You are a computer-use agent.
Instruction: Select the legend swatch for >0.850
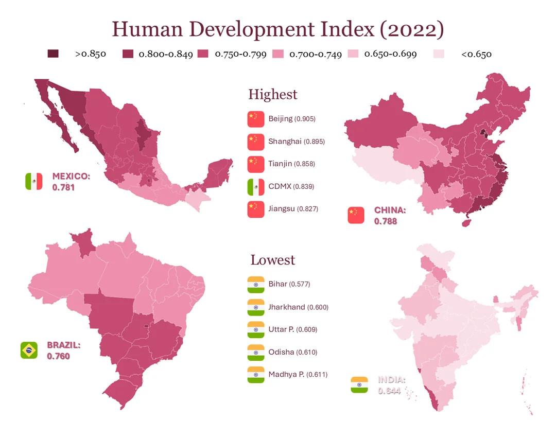(x=53, y=54)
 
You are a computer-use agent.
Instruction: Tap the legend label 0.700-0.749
(x=315, y=54)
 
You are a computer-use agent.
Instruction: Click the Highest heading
(x=273, y=95)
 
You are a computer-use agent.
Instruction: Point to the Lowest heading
(x=273, y=260)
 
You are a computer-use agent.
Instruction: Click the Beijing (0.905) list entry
(x=291, y=119)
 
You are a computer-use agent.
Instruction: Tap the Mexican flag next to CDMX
(x=255, y=186)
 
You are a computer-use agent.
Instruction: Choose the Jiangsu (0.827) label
(x=293, y=209)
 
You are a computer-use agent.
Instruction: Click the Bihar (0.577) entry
(x=289, y=284)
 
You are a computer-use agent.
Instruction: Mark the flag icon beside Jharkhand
(x=255, y=307)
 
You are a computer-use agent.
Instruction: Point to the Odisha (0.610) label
(x=292, y=353)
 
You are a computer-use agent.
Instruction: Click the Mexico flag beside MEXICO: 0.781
(x=33, y=181)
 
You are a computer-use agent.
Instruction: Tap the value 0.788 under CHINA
(x=386, y=221)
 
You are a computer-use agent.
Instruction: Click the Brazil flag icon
(x=29, y=350)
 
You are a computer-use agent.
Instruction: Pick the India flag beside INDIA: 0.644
(x=359, y=385)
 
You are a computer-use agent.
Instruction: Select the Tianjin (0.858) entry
(x=291, y=164)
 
